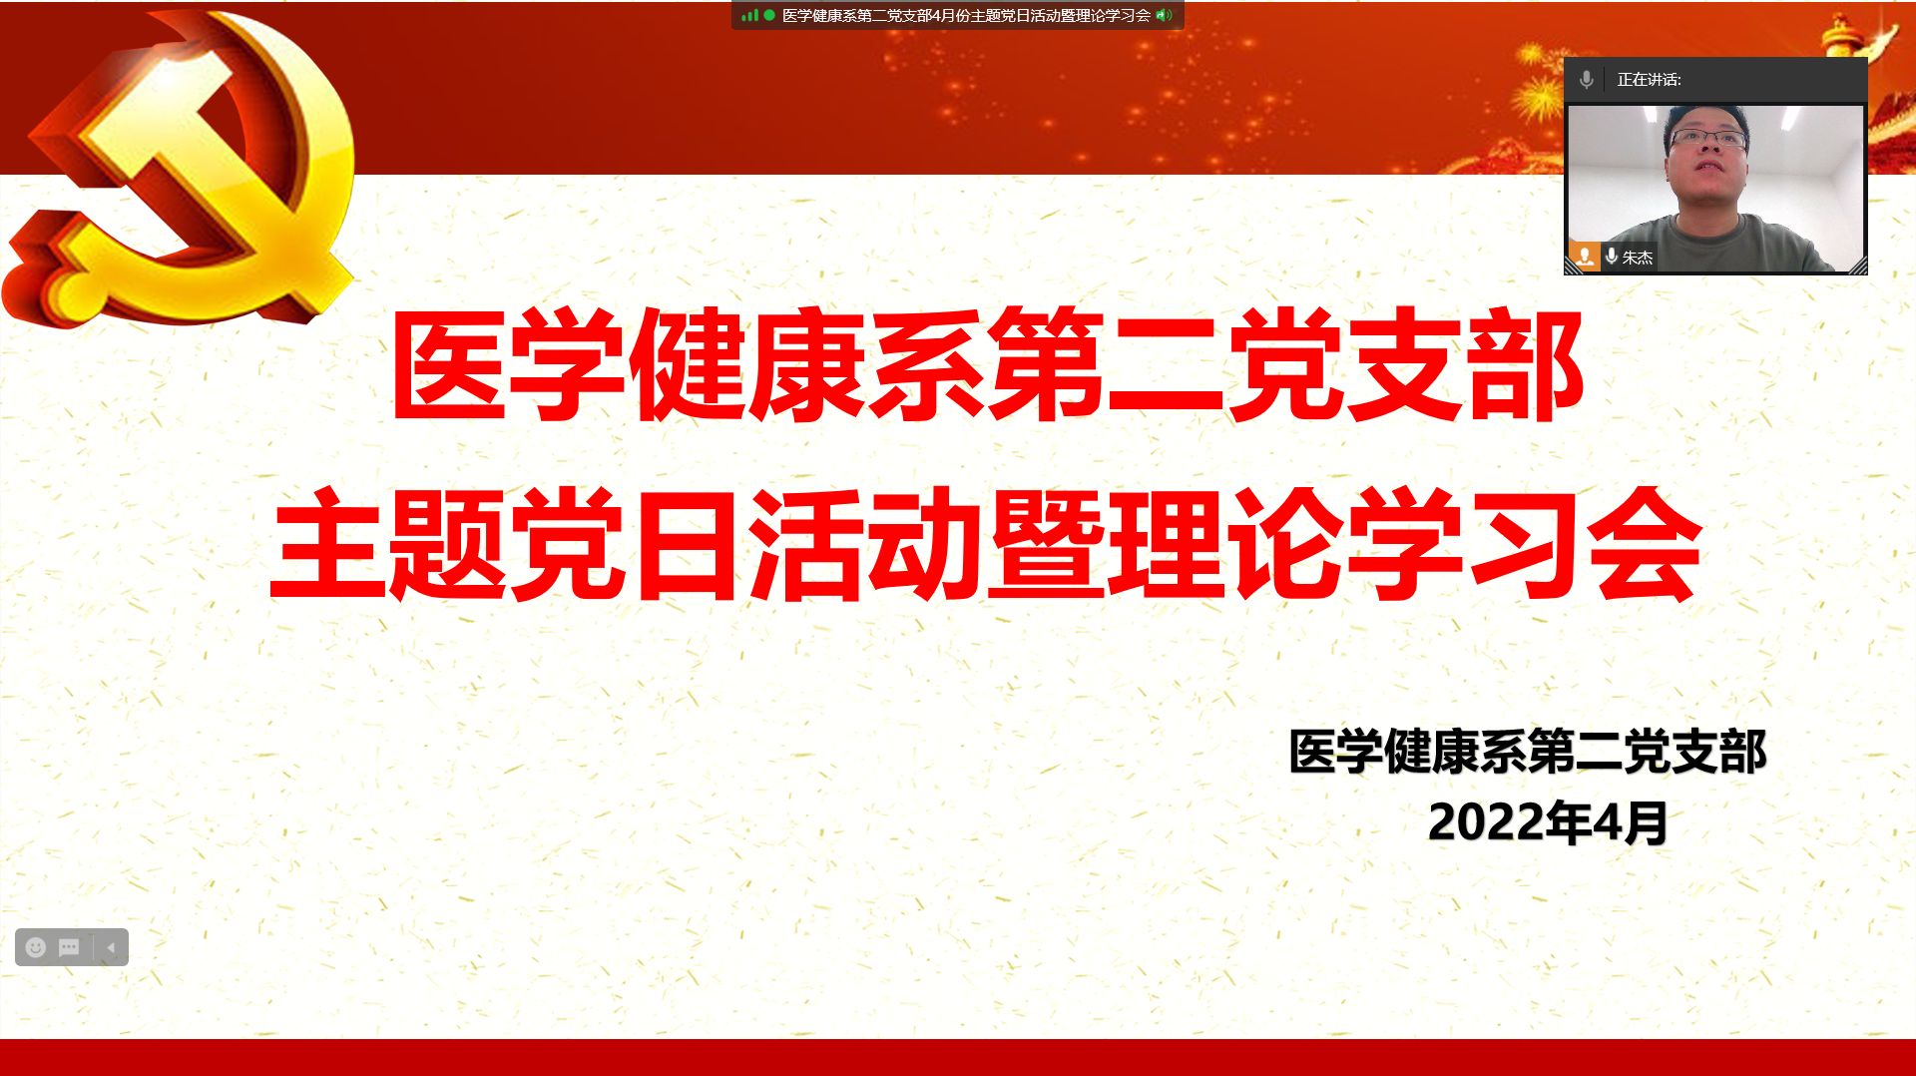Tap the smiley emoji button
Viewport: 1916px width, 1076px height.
36,947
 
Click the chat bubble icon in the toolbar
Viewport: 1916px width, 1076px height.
69,947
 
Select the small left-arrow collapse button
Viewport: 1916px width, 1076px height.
111,947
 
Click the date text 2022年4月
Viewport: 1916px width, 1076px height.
1548,822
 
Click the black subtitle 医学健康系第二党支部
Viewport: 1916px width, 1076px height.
1528,752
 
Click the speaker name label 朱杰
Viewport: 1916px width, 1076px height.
1638,258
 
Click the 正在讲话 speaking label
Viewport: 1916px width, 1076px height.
1649,80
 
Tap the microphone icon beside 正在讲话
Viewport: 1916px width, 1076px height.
1587,80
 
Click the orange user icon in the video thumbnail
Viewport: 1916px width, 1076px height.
1585,257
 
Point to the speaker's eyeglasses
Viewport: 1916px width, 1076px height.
1708,139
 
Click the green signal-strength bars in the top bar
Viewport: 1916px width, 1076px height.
750,15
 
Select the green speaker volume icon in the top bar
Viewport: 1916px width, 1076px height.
1164,15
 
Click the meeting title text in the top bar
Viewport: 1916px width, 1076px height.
966,16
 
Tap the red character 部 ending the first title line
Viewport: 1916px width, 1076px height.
1527,363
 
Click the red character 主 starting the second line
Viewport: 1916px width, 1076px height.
327,544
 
